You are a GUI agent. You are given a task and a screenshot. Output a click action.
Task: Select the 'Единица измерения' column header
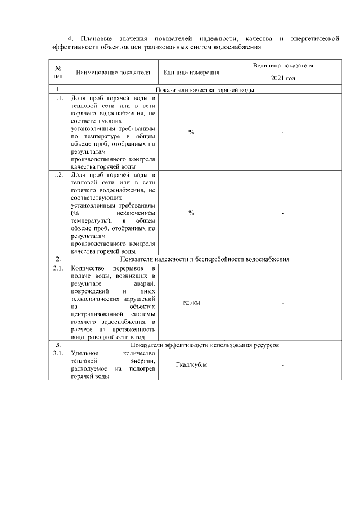(x=191, y=73)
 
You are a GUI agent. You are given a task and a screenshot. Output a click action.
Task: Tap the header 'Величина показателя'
(x=283, y=66)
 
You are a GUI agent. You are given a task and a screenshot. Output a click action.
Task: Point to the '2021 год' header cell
(x=283, y=79)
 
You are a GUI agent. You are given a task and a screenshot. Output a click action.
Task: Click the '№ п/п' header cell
(x=58, y=73)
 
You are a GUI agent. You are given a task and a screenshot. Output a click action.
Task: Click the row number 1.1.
(x=57, y=98)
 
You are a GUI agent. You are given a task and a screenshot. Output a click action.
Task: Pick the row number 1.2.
(x=57, y=175)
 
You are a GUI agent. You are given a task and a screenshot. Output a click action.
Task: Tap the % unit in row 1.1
(x=191, y=132)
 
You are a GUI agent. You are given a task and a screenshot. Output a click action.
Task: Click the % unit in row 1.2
(x=191, y=213)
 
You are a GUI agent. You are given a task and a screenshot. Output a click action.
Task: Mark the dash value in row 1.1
(x=283, y=132)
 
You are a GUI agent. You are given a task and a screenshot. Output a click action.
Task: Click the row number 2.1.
(x=57, y=268)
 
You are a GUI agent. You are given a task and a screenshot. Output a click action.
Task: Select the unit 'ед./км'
(x=191, y=303)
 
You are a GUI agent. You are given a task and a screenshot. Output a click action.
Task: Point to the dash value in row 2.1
(x=283, y=303)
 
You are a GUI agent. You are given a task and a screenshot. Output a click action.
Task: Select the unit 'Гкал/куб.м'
(x=191, y=366)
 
